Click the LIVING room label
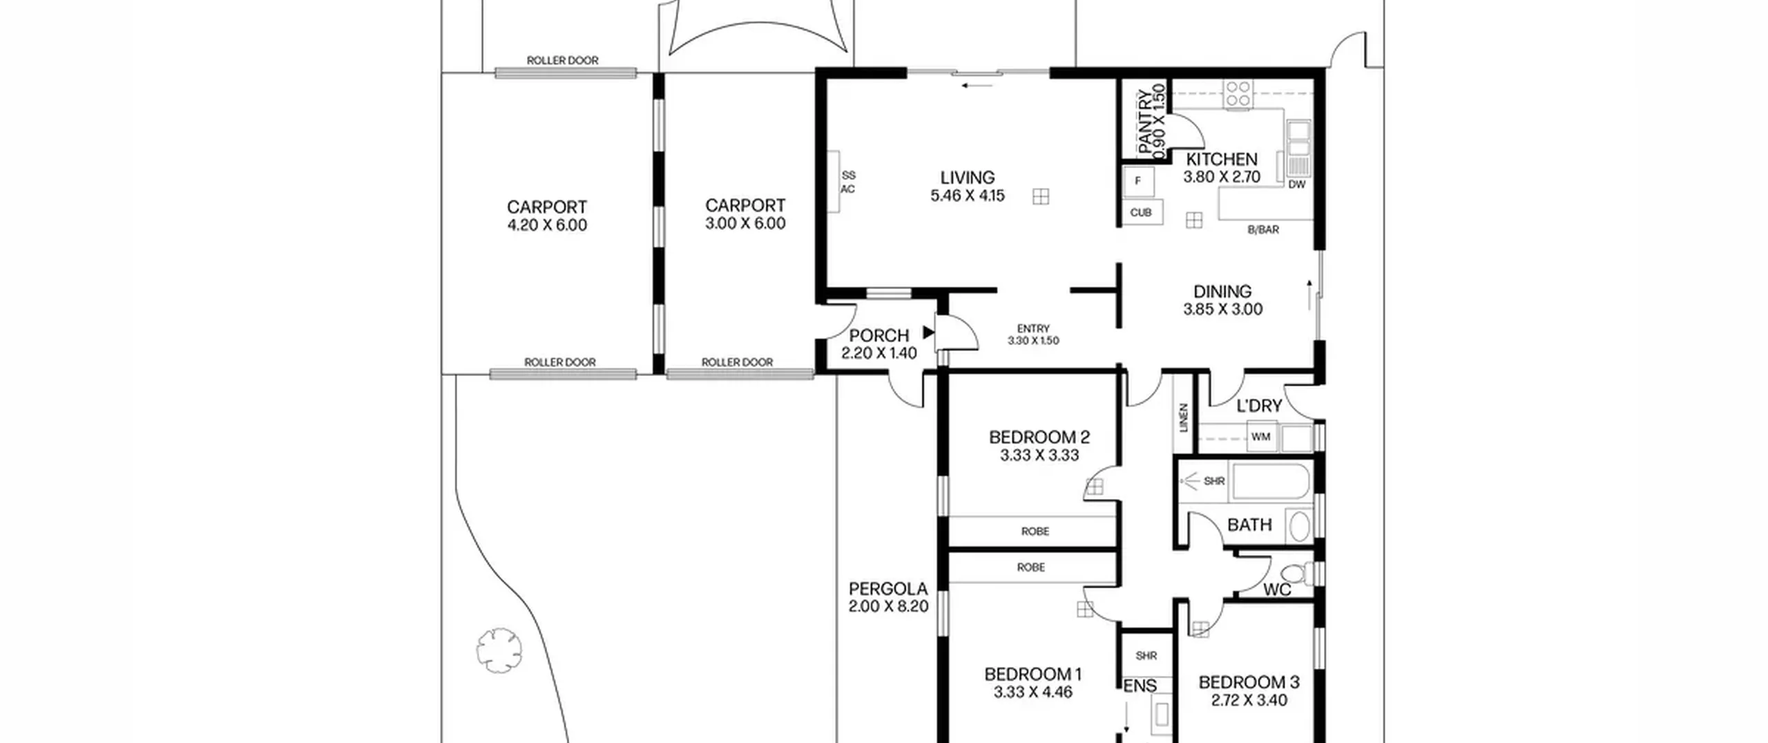968,178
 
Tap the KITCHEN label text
1222,159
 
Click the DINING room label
1222,292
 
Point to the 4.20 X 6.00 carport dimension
547,225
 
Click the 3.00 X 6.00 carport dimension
745,224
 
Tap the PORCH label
878,336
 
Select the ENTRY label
1033,329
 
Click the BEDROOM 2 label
1039,438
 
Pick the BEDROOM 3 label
1249,683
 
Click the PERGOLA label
888,590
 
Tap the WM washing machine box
1261,437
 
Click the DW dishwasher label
1297,185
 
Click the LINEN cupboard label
1184,418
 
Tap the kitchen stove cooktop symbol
1238,94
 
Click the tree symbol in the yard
499,650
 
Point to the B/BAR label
1263,230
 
